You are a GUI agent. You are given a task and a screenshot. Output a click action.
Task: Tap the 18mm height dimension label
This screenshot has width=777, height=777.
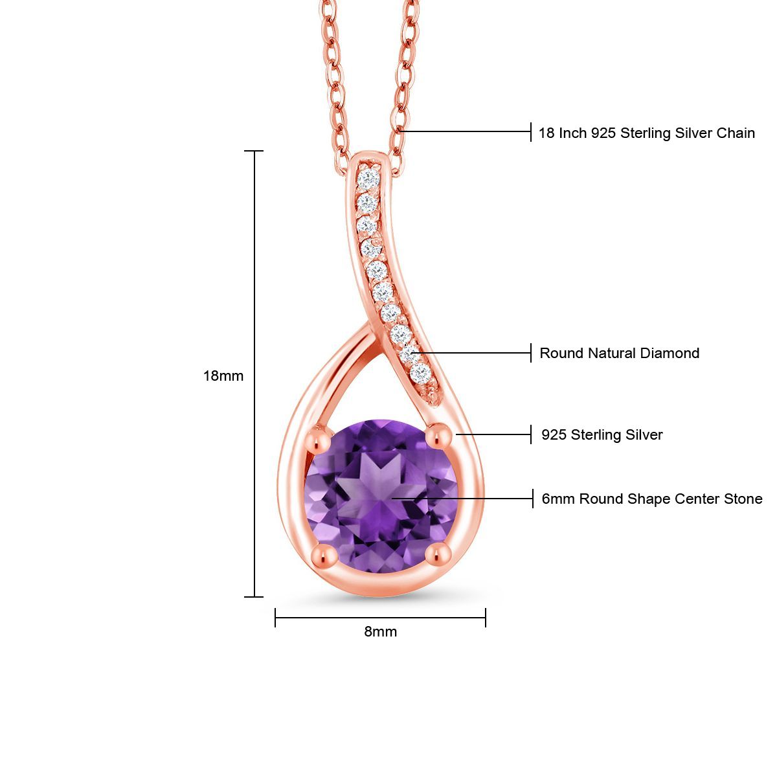[223, 376]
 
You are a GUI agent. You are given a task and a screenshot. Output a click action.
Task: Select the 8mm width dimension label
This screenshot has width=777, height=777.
[380, 631]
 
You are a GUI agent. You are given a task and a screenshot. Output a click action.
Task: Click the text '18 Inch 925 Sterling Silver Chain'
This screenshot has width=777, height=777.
[646, 133]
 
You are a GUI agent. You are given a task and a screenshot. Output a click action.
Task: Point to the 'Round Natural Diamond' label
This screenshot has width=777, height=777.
[619, 354]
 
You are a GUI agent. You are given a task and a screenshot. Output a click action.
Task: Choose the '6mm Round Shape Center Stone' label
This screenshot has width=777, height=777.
[651, 499]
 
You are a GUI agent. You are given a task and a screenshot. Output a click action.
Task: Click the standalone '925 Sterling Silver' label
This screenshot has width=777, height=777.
[602, 435]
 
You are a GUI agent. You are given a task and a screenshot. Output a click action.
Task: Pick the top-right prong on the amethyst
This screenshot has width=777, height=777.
[440, 435]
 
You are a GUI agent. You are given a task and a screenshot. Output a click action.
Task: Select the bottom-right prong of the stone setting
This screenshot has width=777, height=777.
[440, 554]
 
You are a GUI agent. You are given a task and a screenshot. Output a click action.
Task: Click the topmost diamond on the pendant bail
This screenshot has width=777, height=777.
[369, 177]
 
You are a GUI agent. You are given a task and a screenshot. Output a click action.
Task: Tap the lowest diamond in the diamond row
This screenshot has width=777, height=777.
[421, 374]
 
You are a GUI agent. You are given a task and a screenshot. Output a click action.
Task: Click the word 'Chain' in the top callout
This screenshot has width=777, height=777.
[735, 133]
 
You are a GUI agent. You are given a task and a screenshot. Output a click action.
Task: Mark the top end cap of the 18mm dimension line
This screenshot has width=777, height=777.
[254, 151]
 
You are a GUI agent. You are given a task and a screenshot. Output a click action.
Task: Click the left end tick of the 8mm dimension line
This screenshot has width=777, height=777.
[275, 618]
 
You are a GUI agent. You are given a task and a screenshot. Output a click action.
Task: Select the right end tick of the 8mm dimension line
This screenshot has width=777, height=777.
[486, 618]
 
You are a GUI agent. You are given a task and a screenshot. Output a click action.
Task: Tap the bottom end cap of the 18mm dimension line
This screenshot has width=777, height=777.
[254, 596]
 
